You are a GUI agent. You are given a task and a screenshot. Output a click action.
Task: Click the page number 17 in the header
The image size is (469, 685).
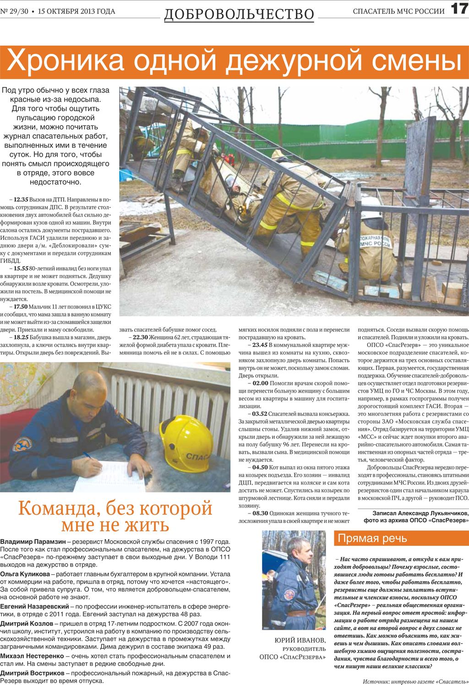click(458, 10)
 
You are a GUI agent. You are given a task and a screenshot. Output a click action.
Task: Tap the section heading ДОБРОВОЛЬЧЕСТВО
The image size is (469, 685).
click(239, 14)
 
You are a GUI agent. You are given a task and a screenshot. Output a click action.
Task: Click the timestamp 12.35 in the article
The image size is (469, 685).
click(21, 200)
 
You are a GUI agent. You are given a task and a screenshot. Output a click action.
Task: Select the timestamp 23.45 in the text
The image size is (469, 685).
click(260, 345)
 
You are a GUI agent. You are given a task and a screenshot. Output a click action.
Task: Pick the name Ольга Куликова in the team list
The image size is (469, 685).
click(25, 574)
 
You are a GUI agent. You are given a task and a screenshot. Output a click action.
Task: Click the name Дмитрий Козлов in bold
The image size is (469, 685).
click(27, 623)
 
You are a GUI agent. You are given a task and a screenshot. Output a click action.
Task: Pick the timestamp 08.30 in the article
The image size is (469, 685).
click(260, 513)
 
